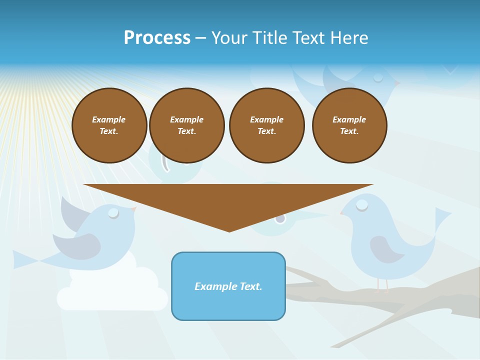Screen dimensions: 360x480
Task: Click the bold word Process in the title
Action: coord(157,38)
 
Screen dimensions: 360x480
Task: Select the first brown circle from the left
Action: coord(109,125)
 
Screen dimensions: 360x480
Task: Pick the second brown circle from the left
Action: coord(187,125)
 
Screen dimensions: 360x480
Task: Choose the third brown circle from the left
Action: coord(267,125)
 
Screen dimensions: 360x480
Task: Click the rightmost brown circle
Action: coord(349,125)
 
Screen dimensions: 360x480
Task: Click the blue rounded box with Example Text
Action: coord(228,286)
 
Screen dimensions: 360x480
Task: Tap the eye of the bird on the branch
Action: coord(362,204)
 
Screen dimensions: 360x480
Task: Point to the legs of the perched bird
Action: coord(382,285)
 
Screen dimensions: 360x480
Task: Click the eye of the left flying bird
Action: coord(114,213)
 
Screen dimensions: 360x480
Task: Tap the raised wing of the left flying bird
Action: coord(72,212)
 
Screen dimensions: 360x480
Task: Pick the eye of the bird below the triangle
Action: coord(280,218)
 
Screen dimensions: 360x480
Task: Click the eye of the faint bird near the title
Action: coord(378,77)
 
